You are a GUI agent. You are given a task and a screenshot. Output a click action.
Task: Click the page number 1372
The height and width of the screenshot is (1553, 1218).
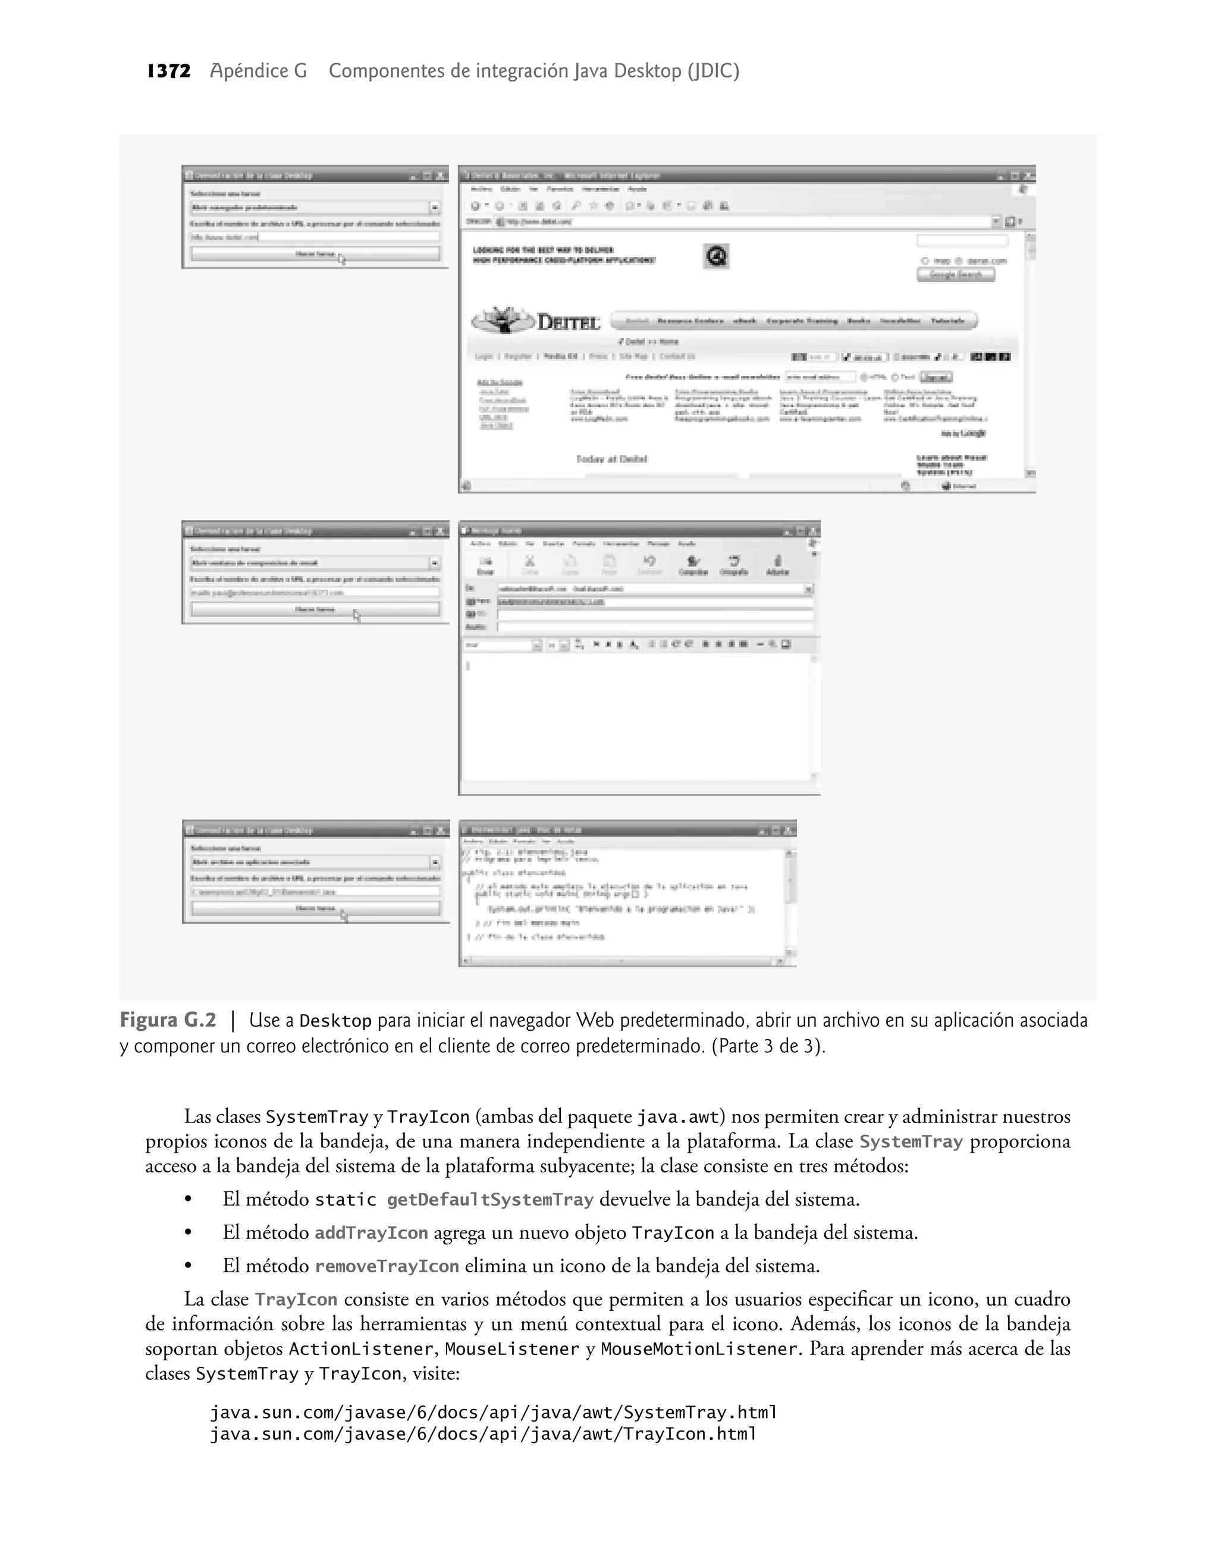point(169,71)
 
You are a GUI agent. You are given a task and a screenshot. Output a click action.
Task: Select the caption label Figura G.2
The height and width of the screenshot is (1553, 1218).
point(168,1020)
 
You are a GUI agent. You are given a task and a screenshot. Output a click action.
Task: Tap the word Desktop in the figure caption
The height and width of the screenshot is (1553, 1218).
point(335,1021)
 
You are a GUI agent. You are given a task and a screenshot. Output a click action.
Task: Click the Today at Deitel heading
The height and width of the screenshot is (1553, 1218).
point(611,459)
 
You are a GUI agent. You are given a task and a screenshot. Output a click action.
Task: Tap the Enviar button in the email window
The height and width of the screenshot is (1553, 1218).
point(485,564)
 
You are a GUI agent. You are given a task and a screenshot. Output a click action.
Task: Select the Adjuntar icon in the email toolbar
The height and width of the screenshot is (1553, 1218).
point(777,564)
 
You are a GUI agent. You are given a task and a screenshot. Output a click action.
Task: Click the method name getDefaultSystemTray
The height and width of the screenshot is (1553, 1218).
point(490,1200)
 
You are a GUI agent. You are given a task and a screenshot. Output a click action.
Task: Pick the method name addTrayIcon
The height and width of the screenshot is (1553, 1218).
point(371,1233)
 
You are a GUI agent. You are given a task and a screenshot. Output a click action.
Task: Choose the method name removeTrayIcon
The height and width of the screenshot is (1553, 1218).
point(387,1266)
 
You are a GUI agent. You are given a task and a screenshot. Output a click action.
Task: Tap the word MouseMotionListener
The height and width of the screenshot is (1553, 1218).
point(699,1349)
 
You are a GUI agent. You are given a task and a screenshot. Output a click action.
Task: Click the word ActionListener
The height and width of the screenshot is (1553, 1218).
point(360,1349)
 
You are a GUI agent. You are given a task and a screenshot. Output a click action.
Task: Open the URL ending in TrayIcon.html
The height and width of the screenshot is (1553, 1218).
point(483,1434)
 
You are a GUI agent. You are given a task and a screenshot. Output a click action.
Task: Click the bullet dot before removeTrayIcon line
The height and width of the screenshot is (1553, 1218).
point(189,1266)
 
